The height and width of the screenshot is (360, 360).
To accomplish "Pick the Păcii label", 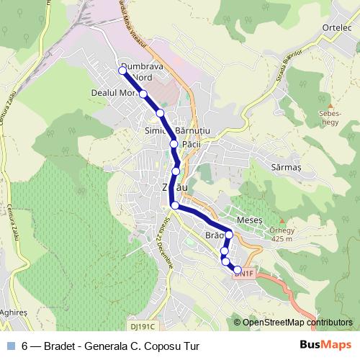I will (x=192, y=144).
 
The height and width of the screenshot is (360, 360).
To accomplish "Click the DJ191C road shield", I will (x=145, y=326).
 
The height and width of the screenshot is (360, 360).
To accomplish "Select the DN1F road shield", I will (x=245, y=274).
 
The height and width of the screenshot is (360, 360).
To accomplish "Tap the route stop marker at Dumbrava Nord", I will (x=122, y=70).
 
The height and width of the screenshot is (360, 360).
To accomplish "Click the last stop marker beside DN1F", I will (x=237, y=270).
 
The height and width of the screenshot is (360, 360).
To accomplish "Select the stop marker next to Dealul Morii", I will (x=143, y=94).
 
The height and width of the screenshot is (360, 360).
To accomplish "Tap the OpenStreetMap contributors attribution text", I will (x=297, y=323).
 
